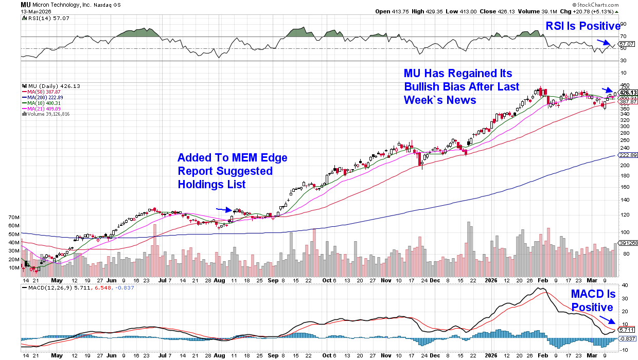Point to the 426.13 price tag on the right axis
click(627, 93)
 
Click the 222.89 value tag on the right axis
click(627, 155)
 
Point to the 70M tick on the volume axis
click(13, 218)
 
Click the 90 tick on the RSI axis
click(623, 24)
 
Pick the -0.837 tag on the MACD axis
click(627, 338)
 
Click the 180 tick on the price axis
click(624, 175)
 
